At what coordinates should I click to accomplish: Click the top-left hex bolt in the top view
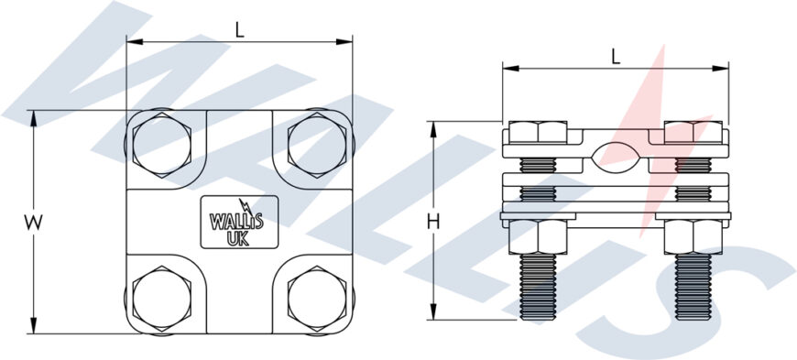161,144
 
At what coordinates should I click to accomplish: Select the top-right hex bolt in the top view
316,144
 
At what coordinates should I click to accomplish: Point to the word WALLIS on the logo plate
236,221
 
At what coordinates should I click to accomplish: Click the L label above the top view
239,28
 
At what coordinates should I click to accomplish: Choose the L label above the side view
615,55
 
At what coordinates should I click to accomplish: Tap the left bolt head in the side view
536,132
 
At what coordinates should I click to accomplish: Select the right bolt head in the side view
693,132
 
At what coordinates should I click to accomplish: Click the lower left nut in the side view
536,236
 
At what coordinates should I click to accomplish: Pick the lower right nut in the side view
693,236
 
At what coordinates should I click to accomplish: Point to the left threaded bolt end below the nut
536,286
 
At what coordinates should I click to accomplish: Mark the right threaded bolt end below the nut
693,286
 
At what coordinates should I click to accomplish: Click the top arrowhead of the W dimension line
34,116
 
